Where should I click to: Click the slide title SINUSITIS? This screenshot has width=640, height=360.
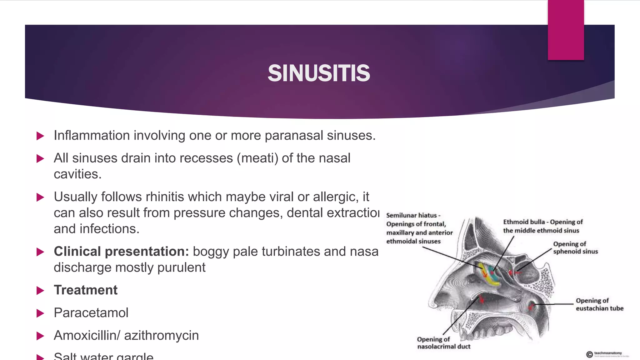[x=319, y=73]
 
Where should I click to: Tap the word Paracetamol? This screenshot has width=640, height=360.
[x=91, y=313]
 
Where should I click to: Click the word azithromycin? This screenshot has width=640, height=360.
[x=161, y=335]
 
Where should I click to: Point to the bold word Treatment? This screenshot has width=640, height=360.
[x=86, y=290]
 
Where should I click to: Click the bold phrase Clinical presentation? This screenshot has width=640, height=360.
[x=121, y=252]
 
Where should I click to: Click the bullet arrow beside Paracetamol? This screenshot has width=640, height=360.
[x=40, y=313]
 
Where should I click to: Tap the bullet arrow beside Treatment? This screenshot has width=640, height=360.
[x=40, y=291]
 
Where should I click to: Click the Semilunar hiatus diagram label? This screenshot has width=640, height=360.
[x=419, y=228]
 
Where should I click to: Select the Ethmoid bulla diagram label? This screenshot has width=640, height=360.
[x=543, y=226]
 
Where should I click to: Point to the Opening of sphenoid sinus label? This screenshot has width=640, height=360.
[x=575, y=248]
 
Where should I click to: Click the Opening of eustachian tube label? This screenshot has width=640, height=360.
[x=599, y=304]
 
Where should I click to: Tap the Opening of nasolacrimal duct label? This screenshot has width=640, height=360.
[x=443, y=343]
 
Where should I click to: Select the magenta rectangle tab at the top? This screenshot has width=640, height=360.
[x=566, y=30]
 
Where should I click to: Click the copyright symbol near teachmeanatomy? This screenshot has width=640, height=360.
[x=589, y=354]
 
